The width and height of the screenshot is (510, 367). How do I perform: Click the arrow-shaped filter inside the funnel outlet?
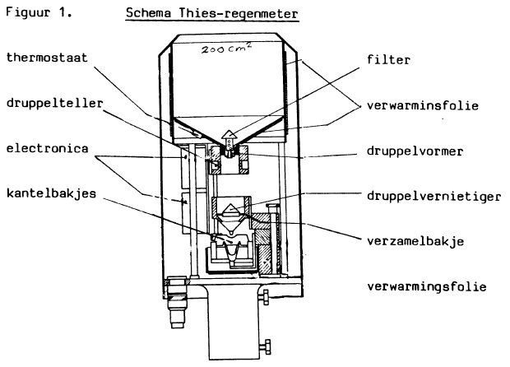pyautogui.click(x=228, y=137)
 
